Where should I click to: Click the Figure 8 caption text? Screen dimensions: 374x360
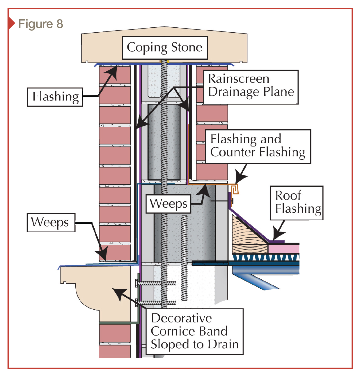pos(40,24)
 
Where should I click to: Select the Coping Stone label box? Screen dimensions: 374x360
pos(165,48)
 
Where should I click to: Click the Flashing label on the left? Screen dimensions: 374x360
pos(55,97)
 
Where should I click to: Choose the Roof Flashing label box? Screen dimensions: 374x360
pos(297,202)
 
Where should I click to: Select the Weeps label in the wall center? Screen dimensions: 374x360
pos(168,204)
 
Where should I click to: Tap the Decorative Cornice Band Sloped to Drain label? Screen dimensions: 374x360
pos(194,331)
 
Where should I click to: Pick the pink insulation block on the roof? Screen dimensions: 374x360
pos(283,248)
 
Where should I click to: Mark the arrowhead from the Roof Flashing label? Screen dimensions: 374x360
pos(278,235)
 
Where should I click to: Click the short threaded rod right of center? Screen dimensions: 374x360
pos(185,258)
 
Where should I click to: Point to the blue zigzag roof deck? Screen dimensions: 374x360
pos(265,257)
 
